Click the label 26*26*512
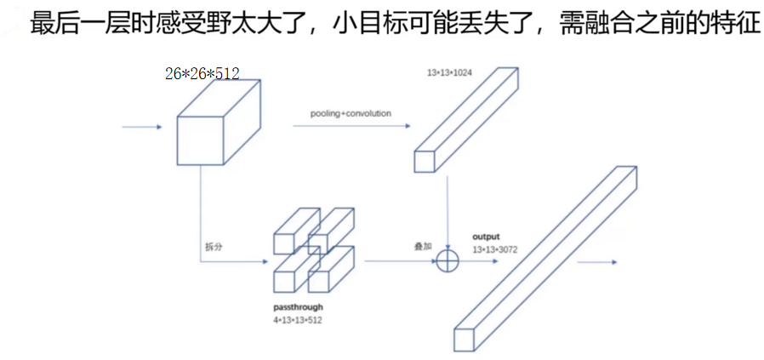tap(202, 74)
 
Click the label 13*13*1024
tap(449, 73)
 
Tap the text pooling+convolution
tap(351, 112)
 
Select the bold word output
tap(486, 236)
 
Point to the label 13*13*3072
tap(495, 249)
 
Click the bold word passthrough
tap(298, 306)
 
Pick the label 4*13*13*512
tap(298, 320)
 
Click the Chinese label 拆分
tap(213, 247)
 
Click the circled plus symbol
tap(448, 260)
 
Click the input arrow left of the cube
tap(142, 128)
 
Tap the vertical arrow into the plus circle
tap(448, 213)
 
